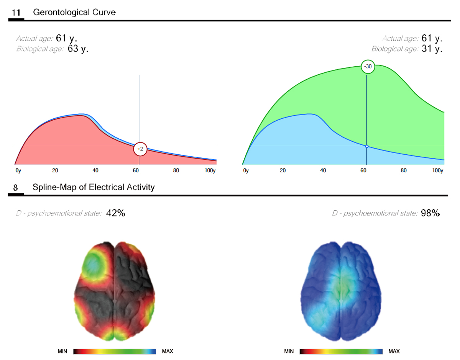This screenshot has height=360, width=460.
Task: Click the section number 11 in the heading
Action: [16, 13]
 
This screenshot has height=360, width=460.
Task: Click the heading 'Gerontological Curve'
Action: [74, 12]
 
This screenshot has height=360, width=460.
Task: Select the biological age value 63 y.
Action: [78, 49]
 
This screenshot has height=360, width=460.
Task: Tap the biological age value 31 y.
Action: [432, 49]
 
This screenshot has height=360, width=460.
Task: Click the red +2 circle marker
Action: [140, 149]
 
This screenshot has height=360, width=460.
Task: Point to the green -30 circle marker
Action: [368, 67]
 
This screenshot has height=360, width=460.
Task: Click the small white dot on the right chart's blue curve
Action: [367, 146]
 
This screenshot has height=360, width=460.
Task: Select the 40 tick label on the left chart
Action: [95, 170]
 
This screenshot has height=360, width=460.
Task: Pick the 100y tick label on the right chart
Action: [437, 170]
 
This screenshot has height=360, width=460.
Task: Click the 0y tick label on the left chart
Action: [18, 170]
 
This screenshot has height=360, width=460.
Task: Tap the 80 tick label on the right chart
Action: [403, 170]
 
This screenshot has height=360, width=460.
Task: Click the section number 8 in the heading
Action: [15, 187]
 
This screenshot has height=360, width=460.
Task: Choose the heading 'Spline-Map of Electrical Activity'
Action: [94, 187]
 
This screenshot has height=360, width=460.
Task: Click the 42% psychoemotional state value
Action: [115, 213]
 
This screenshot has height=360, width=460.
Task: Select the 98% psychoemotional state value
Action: [430, 213]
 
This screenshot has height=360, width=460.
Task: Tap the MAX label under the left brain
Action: [168, 351]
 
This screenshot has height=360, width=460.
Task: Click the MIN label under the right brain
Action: [289, 351]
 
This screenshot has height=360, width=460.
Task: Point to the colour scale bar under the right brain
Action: [341, 351]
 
